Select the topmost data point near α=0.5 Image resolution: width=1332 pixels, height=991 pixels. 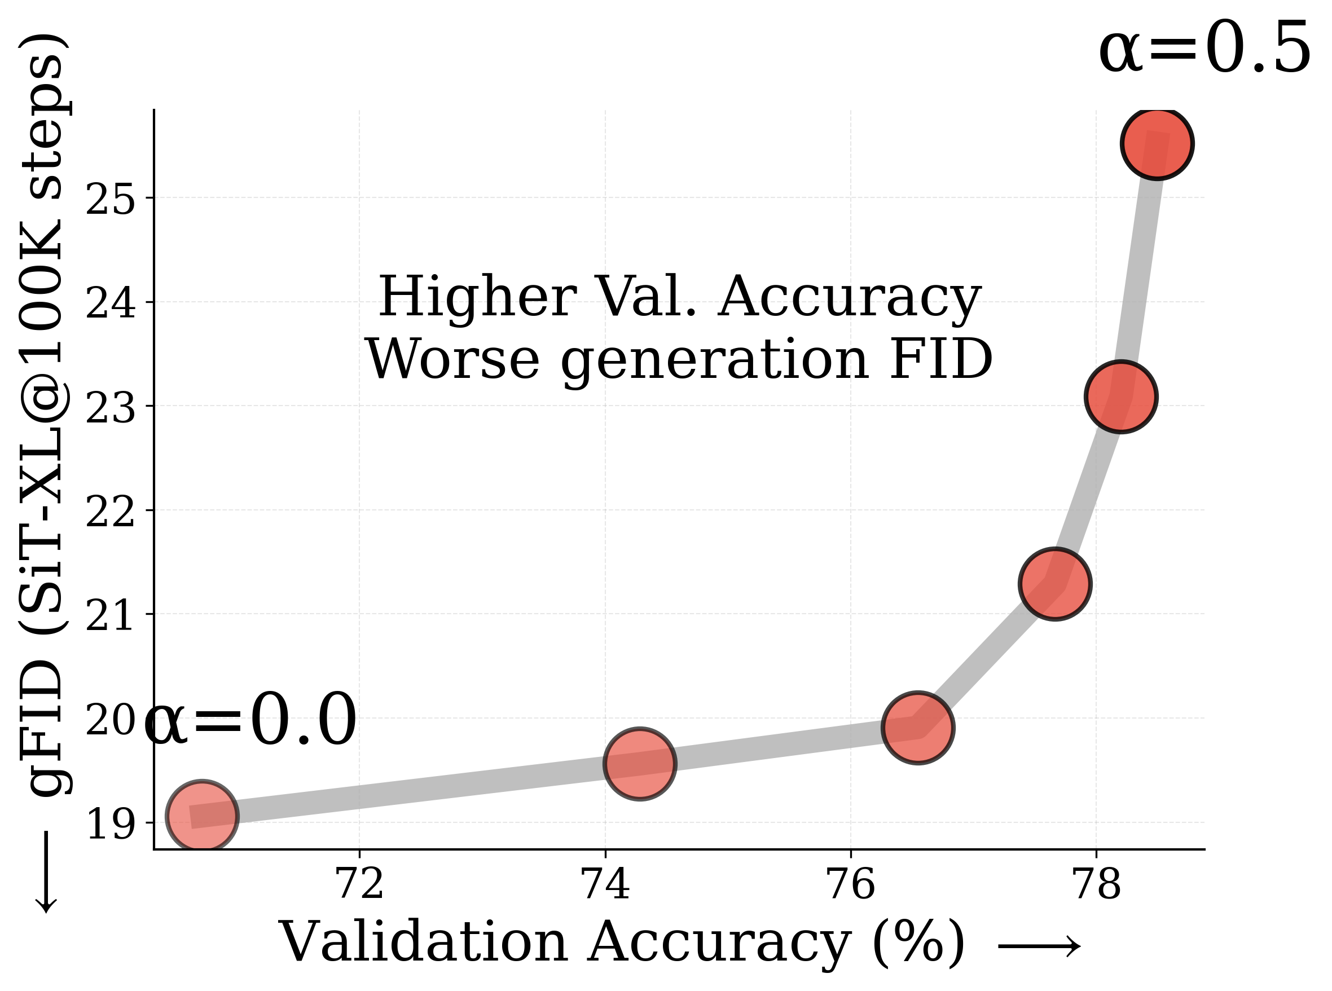1157,143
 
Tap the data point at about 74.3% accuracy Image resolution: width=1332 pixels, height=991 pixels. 640,763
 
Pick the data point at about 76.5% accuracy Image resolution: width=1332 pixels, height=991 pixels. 918,727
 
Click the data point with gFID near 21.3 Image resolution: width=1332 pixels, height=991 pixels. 1055,584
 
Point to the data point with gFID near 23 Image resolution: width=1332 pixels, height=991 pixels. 1121,397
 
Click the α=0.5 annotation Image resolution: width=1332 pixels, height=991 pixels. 1205,49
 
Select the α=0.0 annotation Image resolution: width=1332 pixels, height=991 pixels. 250,720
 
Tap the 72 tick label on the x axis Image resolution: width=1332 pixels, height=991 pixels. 359,884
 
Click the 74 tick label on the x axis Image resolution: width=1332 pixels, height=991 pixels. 605,884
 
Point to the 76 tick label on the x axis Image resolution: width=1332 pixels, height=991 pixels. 851,884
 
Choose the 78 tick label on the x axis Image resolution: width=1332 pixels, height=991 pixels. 1096,884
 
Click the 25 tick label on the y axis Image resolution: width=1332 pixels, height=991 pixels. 111,199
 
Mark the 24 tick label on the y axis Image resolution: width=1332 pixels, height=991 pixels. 111,303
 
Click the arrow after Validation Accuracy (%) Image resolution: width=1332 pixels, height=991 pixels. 1039,946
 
